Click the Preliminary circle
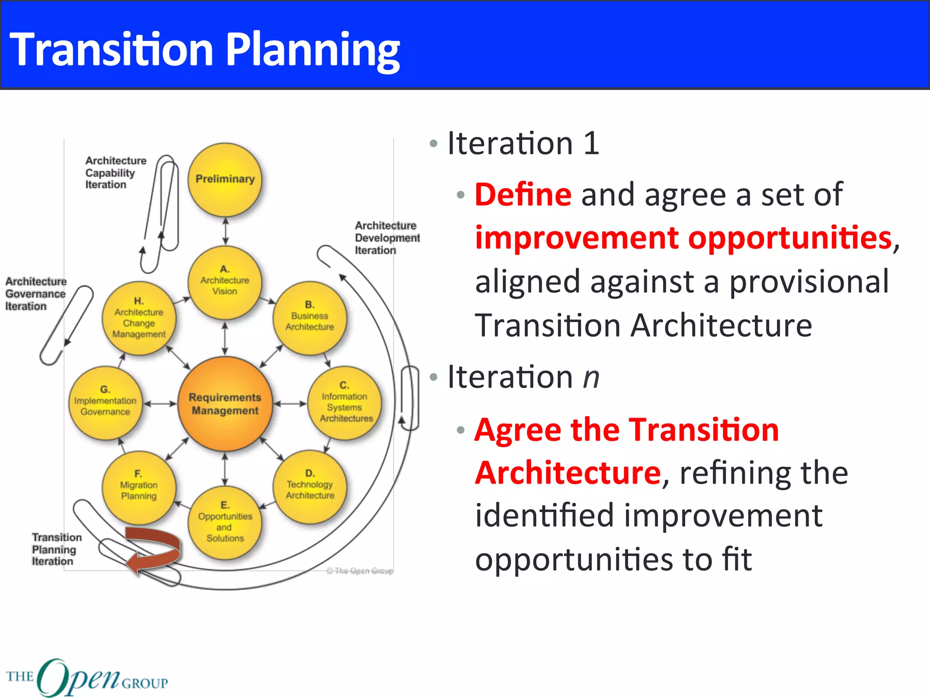[225, 179]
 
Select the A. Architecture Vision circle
[225, 282]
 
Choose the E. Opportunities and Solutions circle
[225, 523]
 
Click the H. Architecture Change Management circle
[139, 318]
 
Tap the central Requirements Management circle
[225, 404]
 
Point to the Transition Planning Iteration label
[56, 549]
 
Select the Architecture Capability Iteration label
[115, 173]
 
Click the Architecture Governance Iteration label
[35, 294]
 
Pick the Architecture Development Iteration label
[387, 238]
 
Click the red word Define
[523, 194]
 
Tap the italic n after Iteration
[591, 377]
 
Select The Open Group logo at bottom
[86, 677]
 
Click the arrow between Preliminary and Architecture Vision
[226, 231]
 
